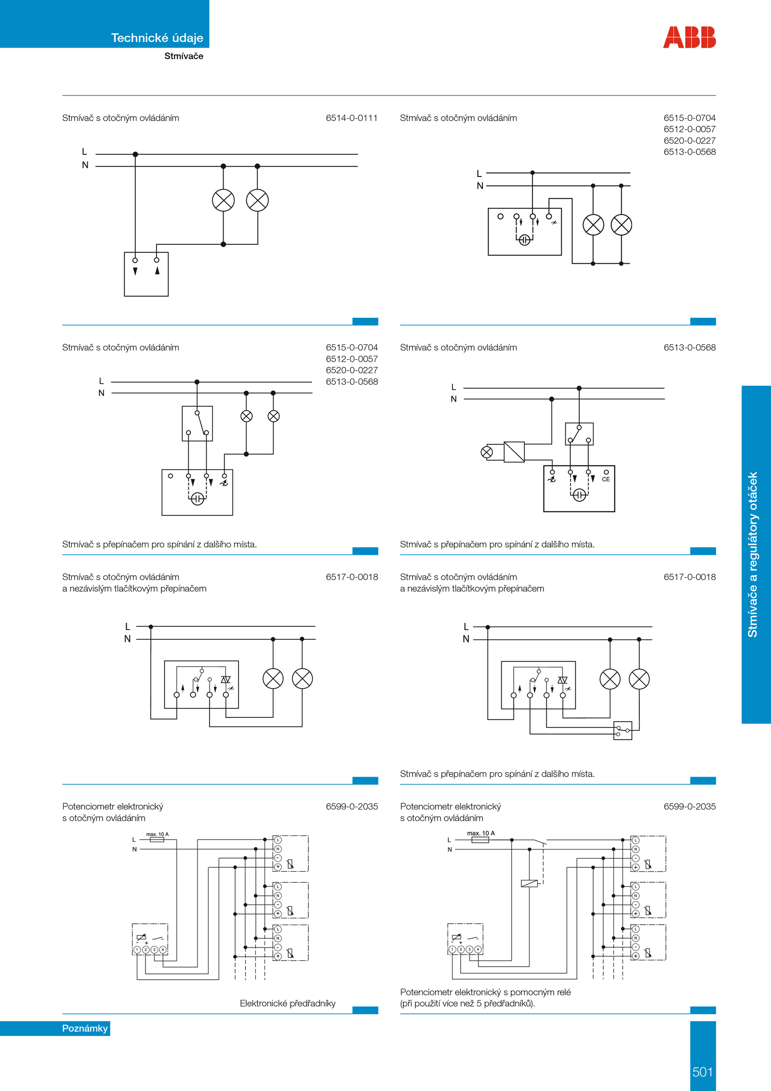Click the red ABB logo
pyautogui.click(x=689, y=38)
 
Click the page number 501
pyautogui.click(x=703, y=1072)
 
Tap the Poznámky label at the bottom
pyautogui.click(x=85, y=1028)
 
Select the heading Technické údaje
pyautogui.click(x=157, y=38)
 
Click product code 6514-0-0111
pyautogui.click(x=352, y=118)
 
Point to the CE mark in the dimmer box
pyautogui.click(x=606, y=479)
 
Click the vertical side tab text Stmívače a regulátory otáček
pyautogui.click(x=753, y=554)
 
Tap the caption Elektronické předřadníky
pyautogui.click(x=288, y=1003)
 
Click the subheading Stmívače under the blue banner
pyautogui.click(x=184, y=56)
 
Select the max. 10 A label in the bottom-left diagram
pyautogui.click(x=158, y=834)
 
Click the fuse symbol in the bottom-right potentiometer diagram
pyautogui.click(x=480, y=840)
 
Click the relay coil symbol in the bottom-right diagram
pyautogui.click(x=529, y=883)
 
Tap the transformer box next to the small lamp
pyautogui.click(x=514, y=452)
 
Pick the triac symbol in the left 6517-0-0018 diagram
pyautogui.click(x=226, y=680)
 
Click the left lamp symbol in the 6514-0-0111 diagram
pyautogui.click(x=223, y=200)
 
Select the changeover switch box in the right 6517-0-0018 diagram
pyautogui.click(x=623, y=730)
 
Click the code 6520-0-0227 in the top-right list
pyautogui.click(x=690, y=141)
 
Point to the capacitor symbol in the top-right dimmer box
pyautogui.click(x=524, y=240)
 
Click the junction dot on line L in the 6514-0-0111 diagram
pyautogui.click(x=135, y=154)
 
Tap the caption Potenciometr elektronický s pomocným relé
pyautogui.click(x=485, y=992)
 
